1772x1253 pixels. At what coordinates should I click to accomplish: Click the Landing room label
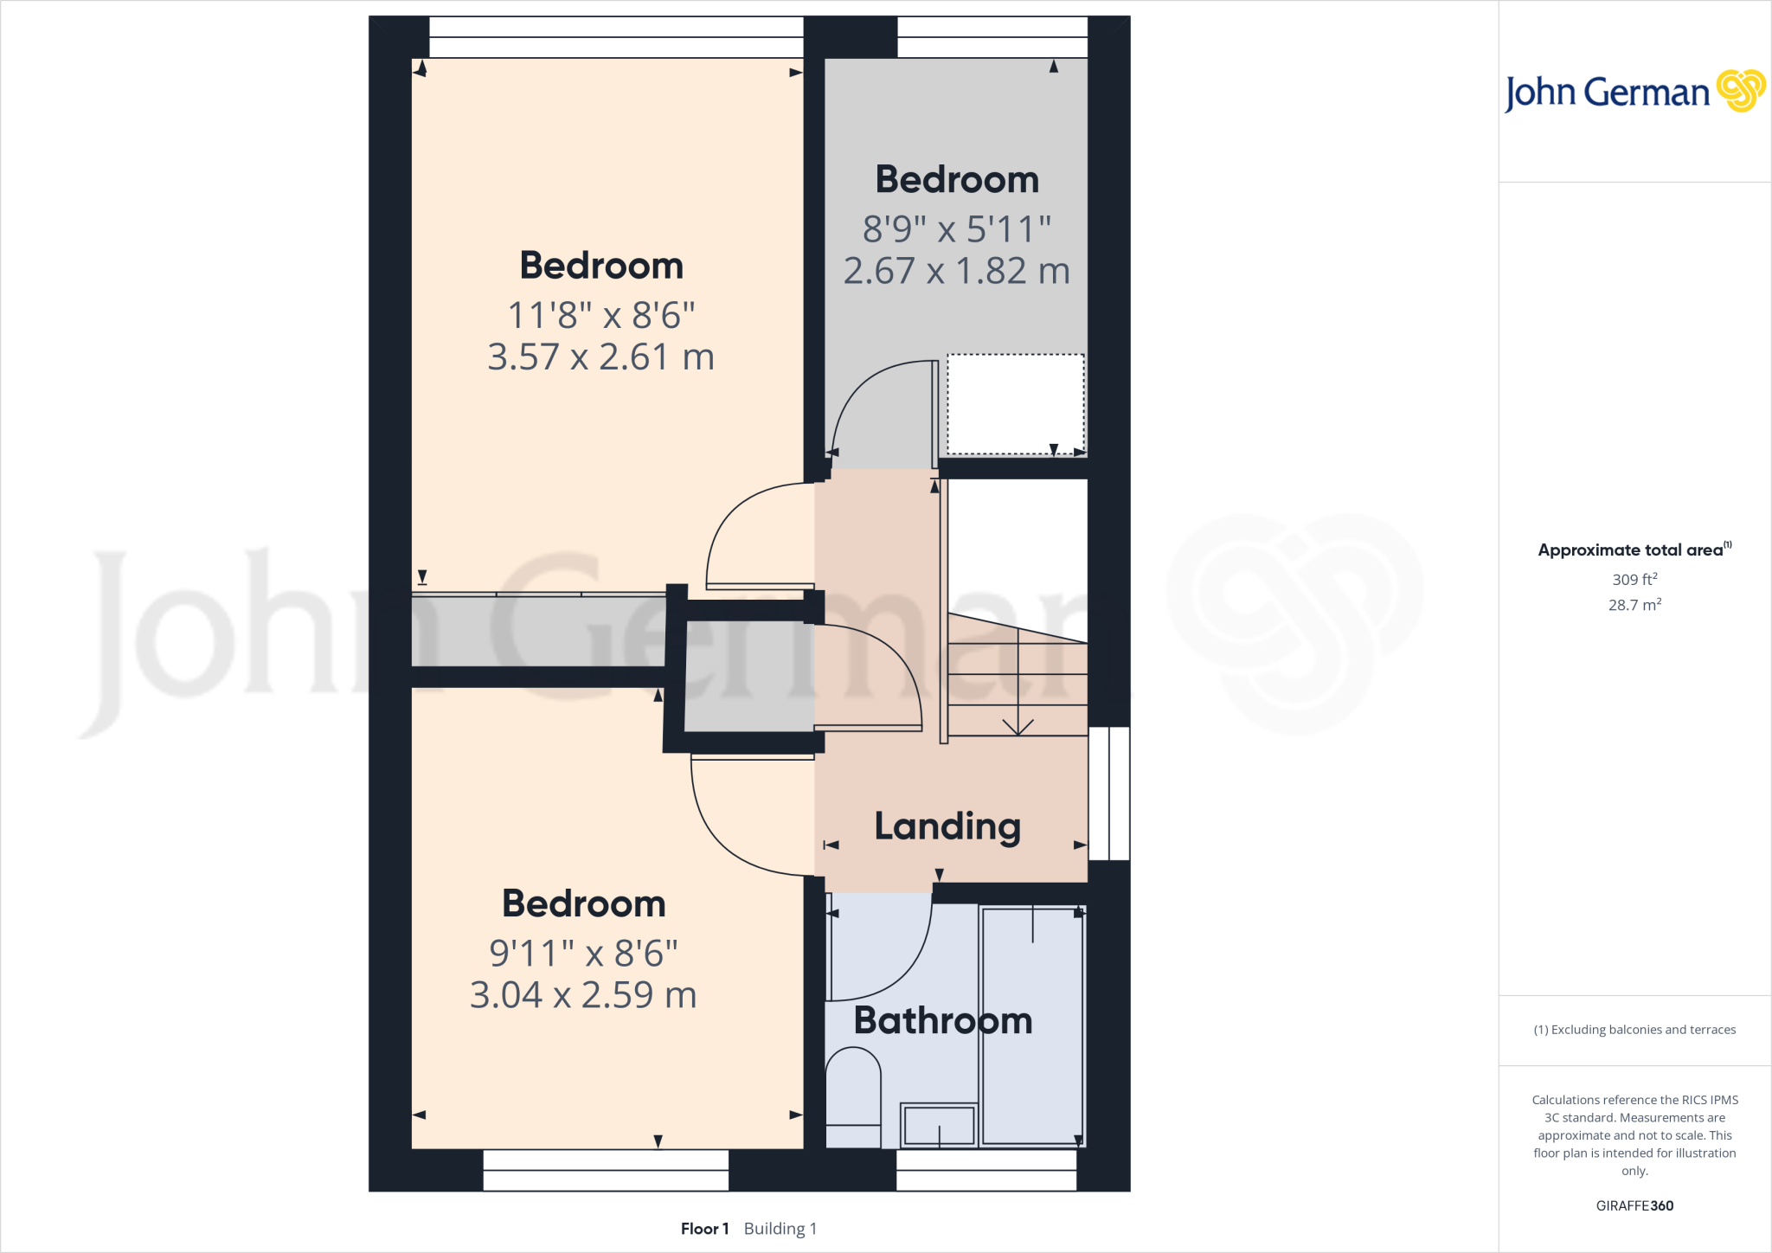point(947,826)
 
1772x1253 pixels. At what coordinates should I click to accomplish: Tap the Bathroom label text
point(943,1021)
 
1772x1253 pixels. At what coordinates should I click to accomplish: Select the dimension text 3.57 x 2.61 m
point(600,357)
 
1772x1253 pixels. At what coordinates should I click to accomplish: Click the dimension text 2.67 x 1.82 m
point(956,271)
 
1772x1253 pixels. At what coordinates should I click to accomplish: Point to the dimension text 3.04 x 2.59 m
point(583,995)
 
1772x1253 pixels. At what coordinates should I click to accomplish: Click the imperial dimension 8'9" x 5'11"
point(956,229)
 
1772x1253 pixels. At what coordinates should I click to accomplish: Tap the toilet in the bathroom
point(853,1095)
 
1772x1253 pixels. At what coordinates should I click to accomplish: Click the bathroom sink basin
point(939,1125)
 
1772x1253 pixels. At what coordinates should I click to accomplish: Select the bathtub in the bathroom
point(1032,1025)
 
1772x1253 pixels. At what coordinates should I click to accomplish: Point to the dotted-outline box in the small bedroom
point(1015,404)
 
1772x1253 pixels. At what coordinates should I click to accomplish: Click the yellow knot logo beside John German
point(1740,91)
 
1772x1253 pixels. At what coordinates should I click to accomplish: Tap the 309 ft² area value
point(1634,579)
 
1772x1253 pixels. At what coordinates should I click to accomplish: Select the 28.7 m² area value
point(1634,605)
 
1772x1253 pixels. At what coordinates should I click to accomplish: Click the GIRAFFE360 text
point(1634,1205)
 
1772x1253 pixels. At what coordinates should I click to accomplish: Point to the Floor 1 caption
point(704,1229)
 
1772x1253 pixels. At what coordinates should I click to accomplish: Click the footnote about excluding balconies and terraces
point(1634,1030)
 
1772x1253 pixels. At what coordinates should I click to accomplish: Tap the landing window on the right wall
point(1108,794)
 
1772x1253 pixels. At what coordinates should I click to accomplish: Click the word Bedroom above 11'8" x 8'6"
point(601,266)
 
